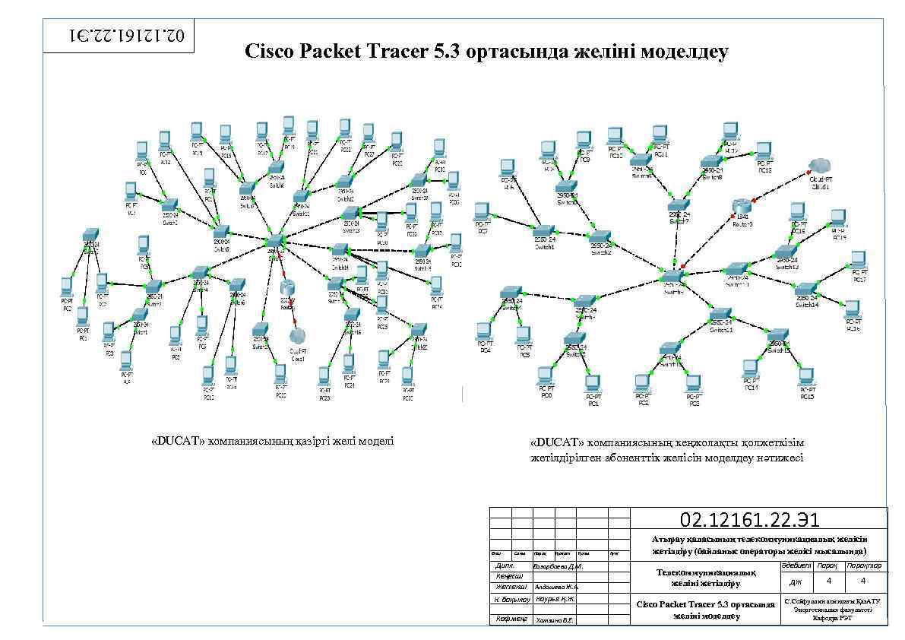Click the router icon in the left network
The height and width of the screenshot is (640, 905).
(287, 287)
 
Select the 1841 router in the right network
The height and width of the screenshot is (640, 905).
(742, 205)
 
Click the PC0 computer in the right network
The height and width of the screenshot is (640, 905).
(545, 375)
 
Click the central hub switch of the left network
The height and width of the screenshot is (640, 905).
(274, 242)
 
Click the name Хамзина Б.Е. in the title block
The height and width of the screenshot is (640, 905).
(554, 620)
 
